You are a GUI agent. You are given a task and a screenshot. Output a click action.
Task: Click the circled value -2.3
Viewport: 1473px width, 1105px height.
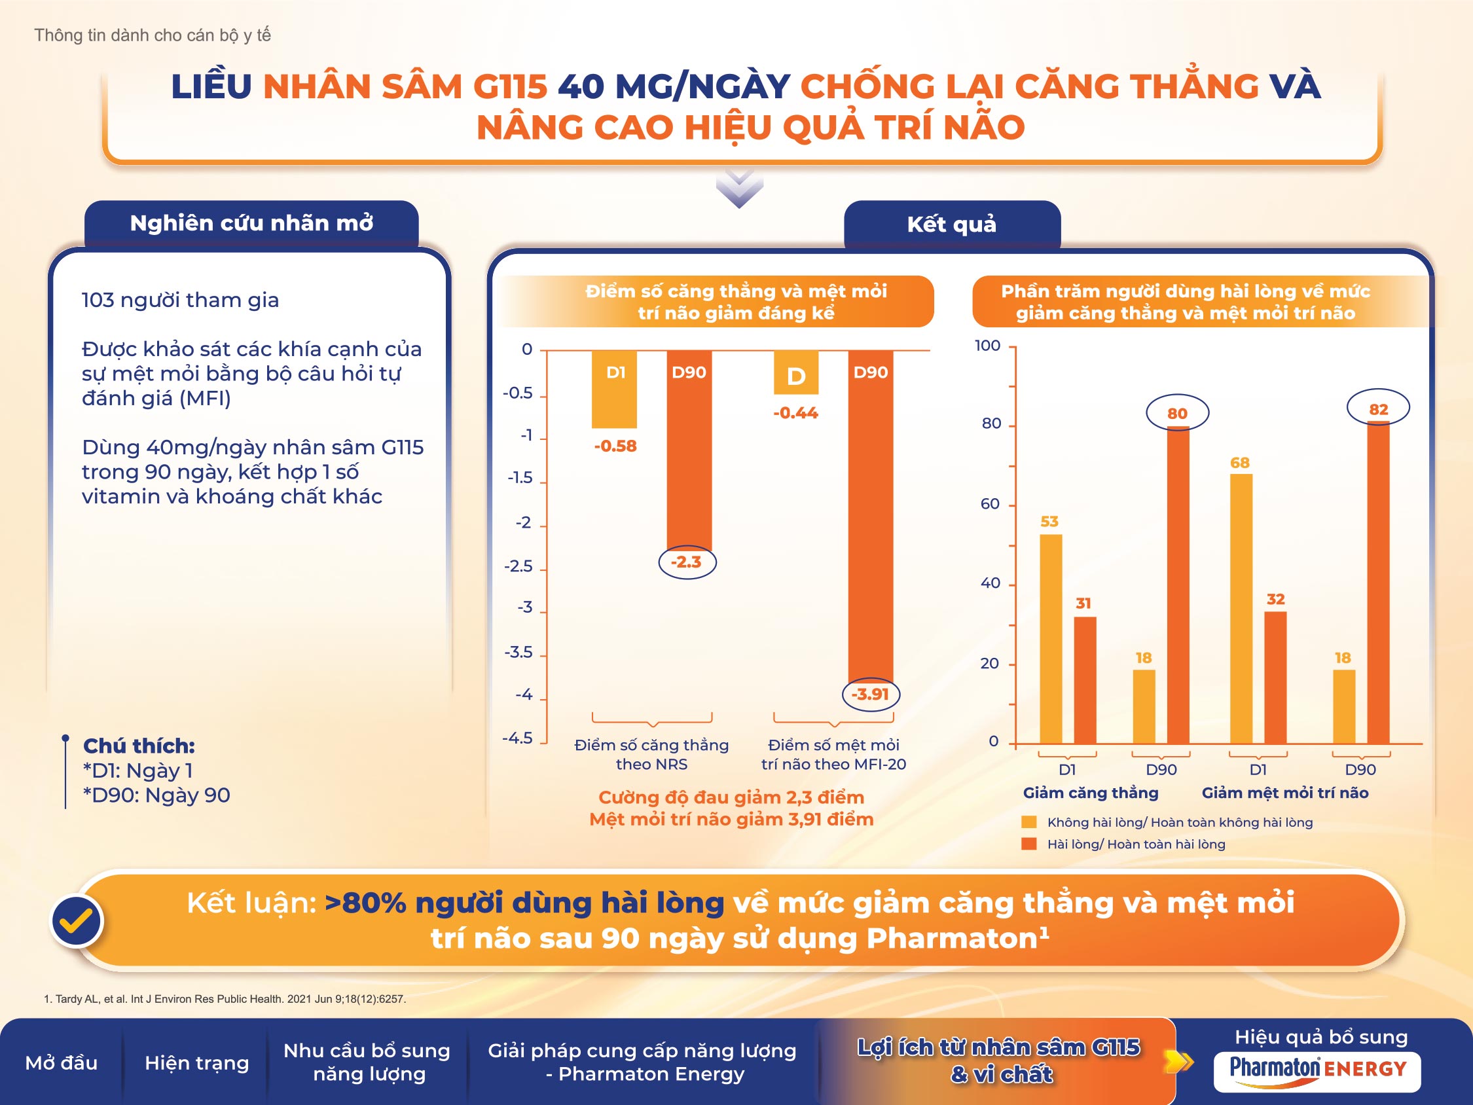687,562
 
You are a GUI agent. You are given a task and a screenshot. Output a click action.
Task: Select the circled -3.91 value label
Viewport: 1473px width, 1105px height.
870,695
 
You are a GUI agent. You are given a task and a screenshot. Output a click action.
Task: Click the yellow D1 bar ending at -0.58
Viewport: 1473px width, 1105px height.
614,389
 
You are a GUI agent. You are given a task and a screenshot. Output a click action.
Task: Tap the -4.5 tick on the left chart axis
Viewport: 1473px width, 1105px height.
517,738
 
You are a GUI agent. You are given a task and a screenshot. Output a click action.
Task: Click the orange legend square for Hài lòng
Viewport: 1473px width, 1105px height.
1029,844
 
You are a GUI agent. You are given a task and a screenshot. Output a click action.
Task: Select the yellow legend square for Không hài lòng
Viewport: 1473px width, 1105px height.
1029,822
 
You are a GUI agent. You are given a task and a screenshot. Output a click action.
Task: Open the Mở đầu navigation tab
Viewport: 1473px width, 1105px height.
62,1063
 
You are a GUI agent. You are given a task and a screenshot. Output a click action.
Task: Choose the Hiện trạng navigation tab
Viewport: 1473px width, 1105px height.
196,1063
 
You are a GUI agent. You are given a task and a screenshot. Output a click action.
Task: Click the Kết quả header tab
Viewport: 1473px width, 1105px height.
952,225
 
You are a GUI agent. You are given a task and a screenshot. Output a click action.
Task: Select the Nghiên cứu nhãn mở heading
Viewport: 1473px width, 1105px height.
251,223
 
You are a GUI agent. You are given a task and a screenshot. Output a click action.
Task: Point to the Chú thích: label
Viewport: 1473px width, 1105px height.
139,746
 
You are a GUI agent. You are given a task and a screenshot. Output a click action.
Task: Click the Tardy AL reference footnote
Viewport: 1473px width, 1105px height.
225,999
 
